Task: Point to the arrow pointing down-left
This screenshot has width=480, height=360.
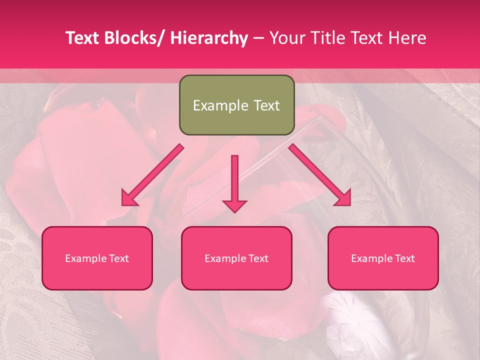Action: coord(153,175)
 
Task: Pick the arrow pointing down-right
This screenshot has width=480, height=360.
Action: coord(320,175)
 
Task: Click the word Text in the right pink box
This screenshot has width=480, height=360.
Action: coord(404,258)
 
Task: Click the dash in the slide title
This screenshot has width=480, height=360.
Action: coord(258,38)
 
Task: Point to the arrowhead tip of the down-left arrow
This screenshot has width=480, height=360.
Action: coord(123,205)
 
